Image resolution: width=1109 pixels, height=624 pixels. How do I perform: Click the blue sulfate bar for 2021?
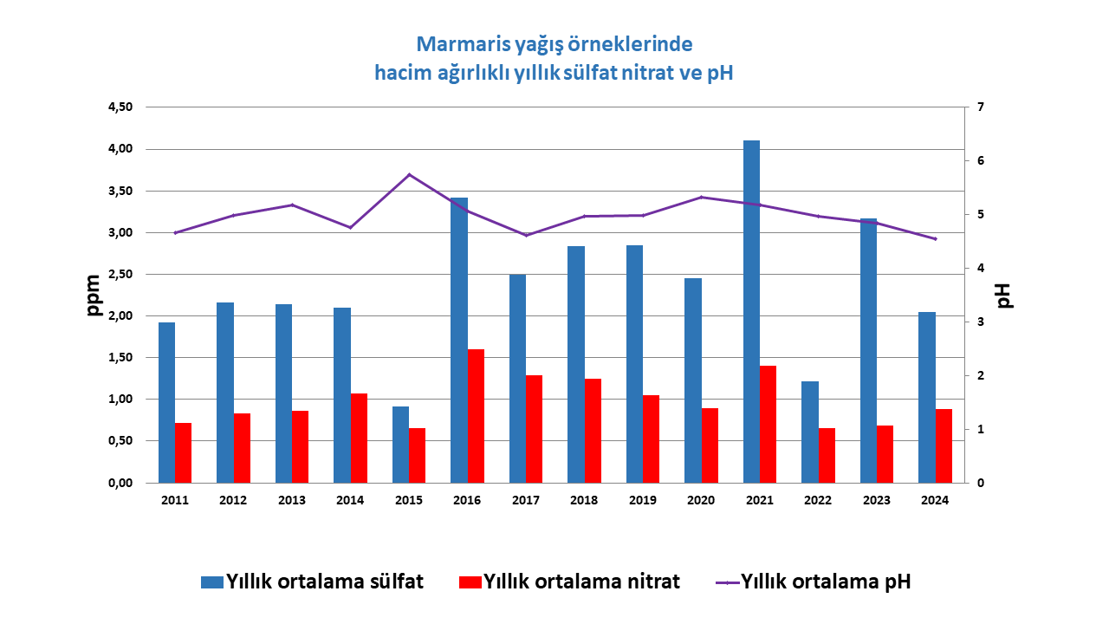click(751, 312)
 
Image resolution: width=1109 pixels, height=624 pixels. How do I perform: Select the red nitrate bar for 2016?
click(476, 416)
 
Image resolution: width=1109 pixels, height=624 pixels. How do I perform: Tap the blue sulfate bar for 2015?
click(400, 445)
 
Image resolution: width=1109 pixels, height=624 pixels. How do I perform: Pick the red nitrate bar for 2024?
click(944, 445)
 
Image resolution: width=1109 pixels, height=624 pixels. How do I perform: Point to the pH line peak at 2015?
click(410, 175)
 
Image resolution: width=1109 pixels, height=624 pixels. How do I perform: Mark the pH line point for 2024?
click(936, 239)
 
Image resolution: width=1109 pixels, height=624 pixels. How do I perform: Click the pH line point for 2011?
click(175, 232)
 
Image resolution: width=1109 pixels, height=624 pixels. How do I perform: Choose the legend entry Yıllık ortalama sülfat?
click(312, 582)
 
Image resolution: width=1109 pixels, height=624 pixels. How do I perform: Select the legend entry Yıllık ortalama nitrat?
click(569, 582)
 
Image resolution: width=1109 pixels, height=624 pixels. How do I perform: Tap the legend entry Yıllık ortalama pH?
click(814, 582)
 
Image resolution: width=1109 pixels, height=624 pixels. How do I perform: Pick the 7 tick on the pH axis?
click(980, 107)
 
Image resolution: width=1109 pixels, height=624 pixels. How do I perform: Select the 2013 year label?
click(292, 500)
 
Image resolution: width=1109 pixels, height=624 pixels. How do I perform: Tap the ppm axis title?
click(94, 295)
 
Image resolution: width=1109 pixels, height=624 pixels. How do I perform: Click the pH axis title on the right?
click(1005, 295)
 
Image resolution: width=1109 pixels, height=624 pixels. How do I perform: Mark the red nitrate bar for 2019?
click(651, 439)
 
